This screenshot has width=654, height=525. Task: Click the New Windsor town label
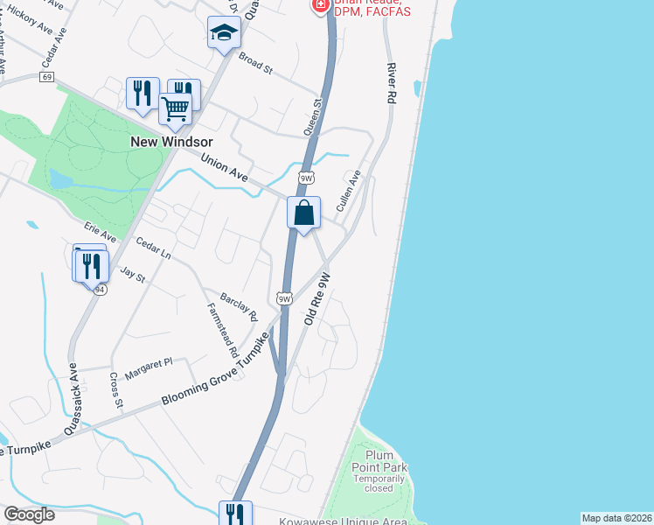166,141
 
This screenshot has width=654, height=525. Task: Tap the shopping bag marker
303,213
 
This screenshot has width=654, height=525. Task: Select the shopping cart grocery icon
175,110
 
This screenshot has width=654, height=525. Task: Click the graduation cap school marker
224,34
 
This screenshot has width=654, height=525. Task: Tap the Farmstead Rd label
223,330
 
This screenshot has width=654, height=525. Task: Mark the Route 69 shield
46,78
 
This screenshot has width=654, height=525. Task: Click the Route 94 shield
101,290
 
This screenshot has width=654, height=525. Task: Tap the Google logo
29,514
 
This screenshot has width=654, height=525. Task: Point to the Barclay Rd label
239,305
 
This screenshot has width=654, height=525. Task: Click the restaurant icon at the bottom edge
234,513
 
